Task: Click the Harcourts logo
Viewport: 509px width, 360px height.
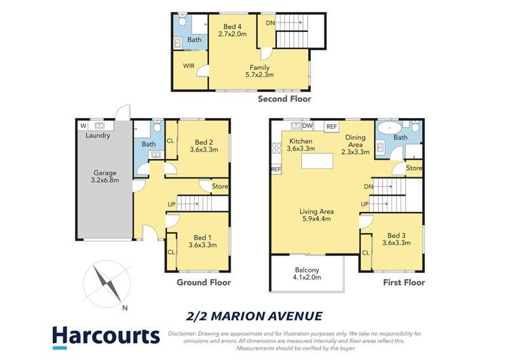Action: pos(105,338)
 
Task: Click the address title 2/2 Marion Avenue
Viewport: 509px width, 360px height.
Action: pos(254,314)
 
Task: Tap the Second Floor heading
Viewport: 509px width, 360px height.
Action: pos(284,99)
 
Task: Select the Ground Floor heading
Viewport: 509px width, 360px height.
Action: pos(204,283)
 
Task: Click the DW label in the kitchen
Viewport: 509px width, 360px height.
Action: pos(307,126)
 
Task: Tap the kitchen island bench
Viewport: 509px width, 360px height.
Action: pos(319,160)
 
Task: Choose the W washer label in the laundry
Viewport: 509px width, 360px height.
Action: pos(83,125)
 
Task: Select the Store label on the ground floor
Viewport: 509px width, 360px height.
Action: pos(219,186)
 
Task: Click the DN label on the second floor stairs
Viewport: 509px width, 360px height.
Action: pos(269,22)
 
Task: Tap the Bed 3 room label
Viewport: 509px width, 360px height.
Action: pos(396,238)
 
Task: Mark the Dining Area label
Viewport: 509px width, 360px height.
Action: pos(356,148)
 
